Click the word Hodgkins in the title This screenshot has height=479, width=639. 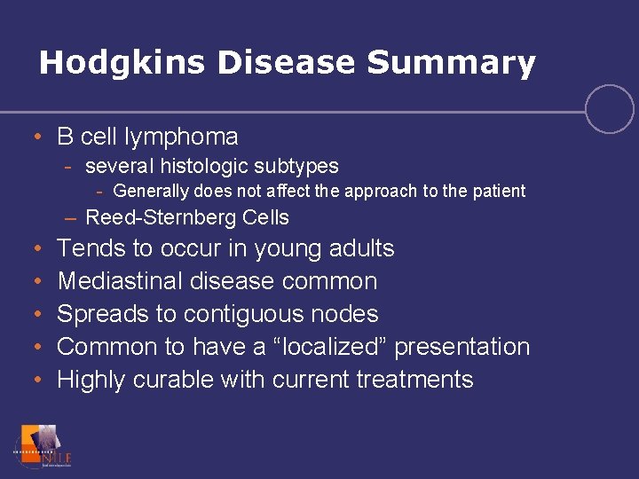[x=109, y=63]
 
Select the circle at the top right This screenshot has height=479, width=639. [x=610, y=109]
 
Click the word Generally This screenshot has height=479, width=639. [x=152, y=191]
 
